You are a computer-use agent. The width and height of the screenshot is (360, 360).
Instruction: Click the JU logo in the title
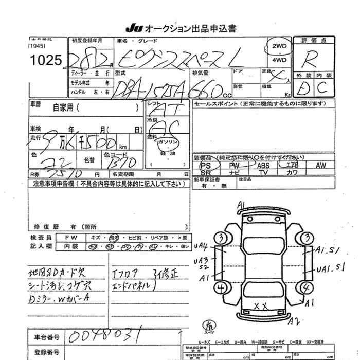(131, 27)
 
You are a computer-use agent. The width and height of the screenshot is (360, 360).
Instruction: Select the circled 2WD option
(279, 46)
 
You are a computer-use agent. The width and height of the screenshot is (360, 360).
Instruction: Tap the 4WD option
(279, 60)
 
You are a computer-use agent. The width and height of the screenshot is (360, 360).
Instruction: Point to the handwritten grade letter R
(311, 58)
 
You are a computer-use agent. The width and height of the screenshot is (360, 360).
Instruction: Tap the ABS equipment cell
(263, 165)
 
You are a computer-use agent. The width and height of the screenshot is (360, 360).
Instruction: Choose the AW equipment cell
(321, 165)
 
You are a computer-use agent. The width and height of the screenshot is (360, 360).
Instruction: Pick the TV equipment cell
(263, 173)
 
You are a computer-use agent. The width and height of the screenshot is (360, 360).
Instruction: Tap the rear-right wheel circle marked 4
(307, 288)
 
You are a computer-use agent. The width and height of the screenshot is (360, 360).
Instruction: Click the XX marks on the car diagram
(261, 307)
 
